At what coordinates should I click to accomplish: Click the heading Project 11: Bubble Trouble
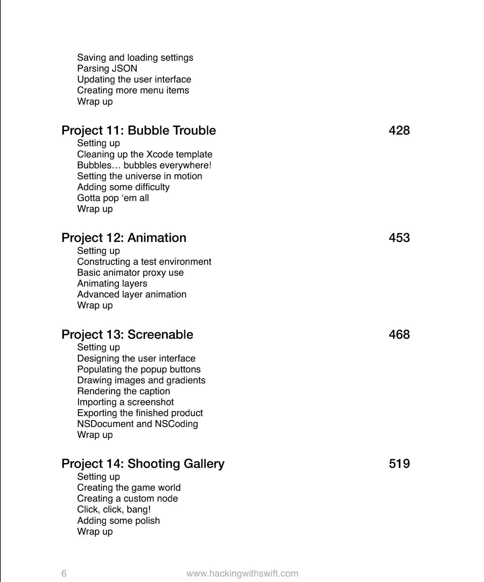tap(138, 131)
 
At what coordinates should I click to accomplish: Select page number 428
tap(399, 131)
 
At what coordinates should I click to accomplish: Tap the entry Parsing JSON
tap(107, 68)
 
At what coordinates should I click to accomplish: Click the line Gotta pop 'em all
tap(113, 198)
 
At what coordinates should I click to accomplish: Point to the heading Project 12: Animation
tap(124, 238)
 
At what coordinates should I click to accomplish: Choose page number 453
tap(399, 238)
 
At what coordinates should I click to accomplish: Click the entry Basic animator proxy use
tap(130, 273)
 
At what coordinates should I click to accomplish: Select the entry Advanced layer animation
tap(132, 294)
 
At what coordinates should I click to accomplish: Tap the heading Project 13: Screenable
tap(127, 335)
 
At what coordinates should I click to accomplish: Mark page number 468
tap(399, 335)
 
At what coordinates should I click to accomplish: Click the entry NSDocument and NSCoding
tap(137, 424)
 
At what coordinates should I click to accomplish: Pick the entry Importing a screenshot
tap(125, 402)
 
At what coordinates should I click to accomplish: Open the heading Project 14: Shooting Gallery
tap(143, 464)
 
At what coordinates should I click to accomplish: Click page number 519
tap(399, 464)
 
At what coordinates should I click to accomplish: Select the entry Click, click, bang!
tap(114, 509)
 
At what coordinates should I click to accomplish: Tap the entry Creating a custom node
tap(127, 499)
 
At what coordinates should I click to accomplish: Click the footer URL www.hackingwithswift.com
tap(242, 573)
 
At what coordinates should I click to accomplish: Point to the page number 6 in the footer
tap(64, 573)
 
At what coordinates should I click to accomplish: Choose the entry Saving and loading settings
tap(135, 58)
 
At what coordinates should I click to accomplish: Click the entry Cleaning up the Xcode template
tap(145, 154)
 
